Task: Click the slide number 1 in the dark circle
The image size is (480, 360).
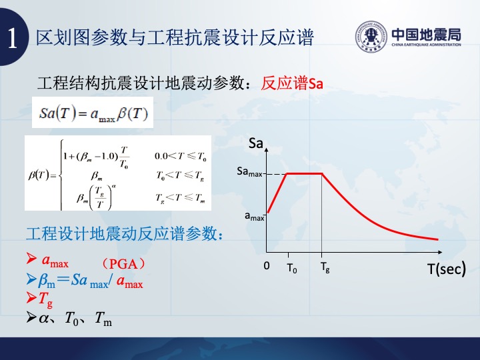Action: point(12,38)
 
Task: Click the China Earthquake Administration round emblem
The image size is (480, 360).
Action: point(371,37)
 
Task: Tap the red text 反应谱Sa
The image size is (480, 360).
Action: point(292,83)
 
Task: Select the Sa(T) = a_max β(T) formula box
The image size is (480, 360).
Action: point(93,113)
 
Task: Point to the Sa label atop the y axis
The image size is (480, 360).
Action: point(256,143)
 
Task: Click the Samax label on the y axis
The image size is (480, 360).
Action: point(249,172)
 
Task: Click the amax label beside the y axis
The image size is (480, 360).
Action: point(255,216)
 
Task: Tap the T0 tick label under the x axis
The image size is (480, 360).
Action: point(292,268)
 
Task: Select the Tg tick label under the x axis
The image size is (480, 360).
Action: point(325,267)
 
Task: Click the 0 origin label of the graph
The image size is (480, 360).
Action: point(267,266)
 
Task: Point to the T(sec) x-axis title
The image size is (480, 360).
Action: point(447,269)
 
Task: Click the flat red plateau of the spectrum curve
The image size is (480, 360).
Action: point(304,173)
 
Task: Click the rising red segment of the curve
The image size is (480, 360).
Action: point(277,193)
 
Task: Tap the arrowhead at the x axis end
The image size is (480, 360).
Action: point(440,252)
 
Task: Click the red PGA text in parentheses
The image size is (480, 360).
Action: point(123,263)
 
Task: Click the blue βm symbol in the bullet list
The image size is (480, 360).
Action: point(47,281)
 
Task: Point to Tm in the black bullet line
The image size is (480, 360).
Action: point(103,319)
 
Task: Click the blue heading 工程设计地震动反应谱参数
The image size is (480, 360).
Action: point(121,233)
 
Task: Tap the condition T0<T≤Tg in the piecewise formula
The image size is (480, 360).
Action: point(180,175)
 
